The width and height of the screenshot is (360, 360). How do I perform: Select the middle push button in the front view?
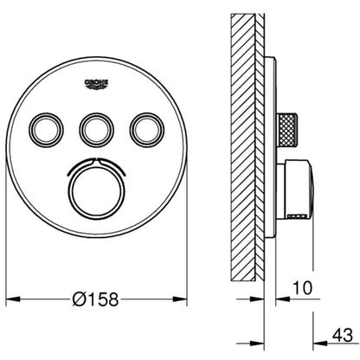(x=95, y=129)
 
